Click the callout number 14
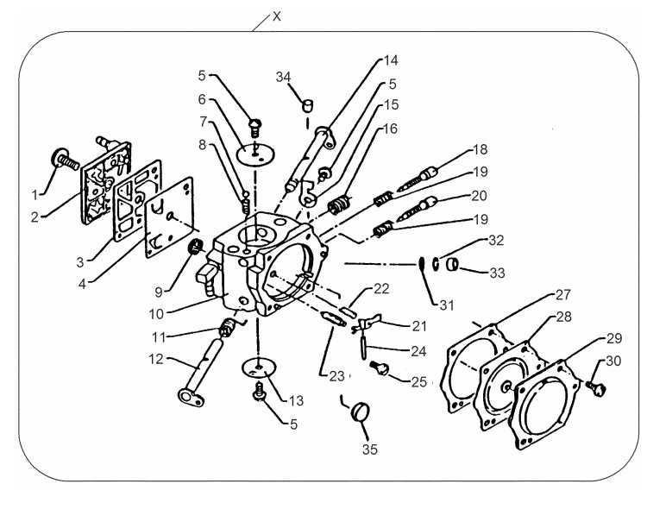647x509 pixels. click(390, 60)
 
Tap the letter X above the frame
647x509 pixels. click(276, 16)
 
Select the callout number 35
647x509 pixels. click(370, 449)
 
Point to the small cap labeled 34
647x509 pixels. click(308, 105)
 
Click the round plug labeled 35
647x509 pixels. click(360, 412)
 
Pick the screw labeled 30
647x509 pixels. click(596, 388)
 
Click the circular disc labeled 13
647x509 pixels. click(258, 368)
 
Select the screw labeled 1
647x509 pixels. click(65, 160)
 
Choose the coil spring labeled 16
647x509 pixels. click(339, 204)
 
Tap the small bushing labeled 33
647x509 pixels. click(453, 264)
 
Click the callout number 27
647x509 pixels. click(562, 295)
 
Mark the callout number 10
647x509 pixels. click(156, 314)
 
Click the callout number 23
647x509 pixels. click(336, 376)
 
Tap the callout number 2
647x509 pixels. click(35, 217)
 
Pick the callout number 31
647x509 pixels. click(447, 305)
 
